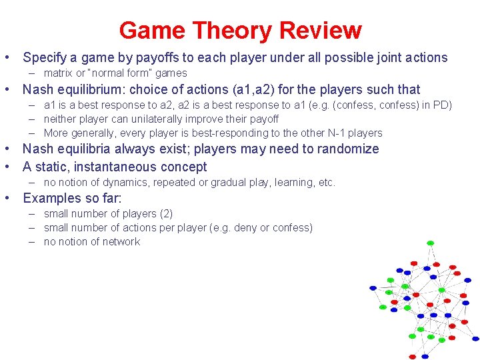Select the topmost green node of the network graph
coord(430,243)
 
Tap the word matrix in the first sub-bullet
coord(59,73)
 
